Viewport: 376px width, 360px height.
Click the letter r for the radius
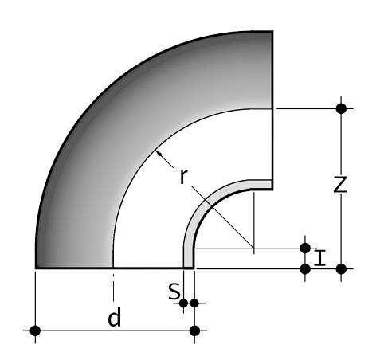[183, 177]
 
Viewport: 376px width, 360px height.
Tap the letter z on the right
[340, 184]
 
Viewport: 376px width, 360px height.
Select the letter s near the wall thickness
[174, 292]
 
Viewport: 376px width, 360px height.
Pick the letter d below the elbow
[115, 317]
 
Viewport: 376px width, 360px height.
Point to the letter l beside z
[319, 257]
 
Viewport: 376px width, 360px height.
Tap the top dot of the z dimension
[341, 108]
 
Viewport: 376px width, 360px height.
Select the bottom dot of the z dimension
[341, 269]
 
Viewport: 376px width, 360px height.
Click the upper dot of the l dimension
[305, 248]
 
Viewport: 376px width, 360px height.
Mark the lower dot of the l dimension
[305, 269]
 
